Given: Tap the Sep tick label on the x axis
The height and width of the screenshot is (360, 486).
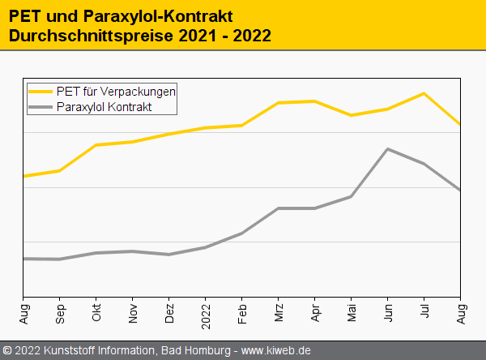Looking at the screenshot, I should coord(60,312).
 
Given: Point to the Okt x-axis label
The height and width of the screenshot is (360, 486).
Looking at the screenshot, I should coord(96,312).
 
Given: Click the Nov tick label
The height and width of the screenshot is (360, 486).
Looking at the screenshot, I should coord(133,312).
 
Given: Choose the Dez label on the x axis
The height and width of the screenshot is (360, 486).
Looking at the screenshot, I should coord(169,312).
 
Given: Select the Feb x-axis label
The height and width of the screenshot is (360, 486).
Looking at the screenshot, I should coord(242,312).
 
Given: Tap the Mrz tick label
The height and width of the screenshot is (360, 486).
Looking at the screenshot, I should coord(279,312).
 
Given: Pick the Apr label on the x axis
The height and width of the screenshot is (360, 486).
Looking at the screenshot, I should coord(315,312).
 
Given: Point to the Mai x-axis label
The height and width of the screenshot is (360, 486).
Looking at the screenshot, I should coord(352,312).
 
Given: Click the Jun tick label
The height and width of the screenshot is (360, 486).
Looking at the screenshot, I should coord(388,312).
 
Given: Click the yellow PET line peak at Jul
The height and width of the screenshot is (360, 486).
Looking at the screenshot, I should coord(424,93).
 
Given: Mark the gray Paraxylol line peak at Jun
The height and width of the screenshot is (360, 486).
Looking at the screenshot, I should coord(388,149).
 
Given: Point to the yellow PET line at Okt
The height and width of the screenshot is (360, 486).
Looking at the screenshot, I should coord(96,145).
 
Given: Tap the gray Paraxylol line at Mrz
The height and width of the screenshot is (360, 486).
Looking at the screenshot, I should coord(279,208).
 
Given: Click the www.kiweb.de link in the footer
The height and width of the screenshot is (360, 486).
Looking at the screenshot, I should coord(276,350).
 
